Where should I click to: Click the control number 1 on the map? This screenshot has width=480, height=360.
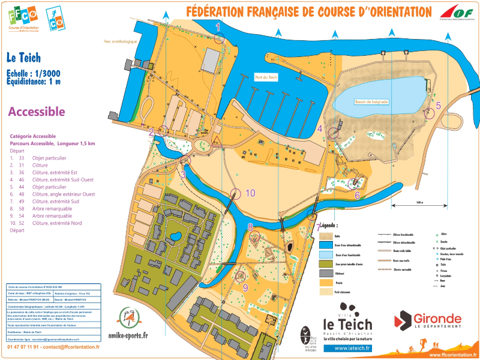(x=218, y=27)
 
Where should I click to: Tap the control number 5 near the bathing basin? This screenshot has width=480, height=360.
(x=438, y=105)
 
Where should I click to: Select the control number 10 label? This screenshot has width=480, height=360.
(x=250, y=193)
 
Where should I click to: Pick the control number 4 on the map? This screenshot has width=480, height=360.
(x=320, y=128)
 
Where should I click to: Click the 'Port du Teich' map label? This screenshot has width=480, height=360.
(x=266, y=77)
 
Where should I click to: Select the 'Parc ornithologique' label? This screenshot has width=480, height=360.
(x=120, y=41)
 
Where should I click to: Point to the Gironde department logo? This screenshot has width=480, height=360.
(x=428, y=320)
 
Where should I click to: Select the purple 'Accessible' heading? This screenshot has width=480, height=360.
(x=36, y=112)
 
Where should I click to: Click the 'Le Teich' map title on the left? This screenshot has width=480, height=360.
(x=23, y=58)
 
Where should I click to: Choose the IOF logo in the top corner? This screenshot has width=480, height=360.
(x=457, y=12)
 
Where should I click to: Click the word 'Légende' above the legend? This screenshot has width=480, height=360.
(x=329, y=226)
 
